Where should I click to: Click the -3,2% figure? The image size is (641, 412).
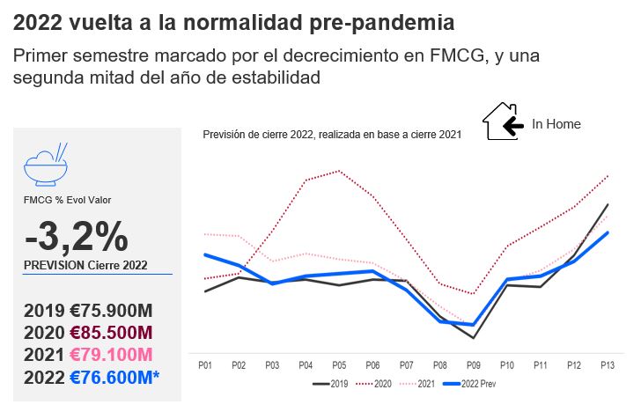[77, 236]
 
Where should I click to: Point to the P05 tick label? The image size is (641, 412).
[338, 364]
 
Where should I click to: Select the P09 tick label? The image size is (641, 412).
[473, 364]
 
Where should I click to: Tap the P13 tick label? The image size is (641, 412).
[607, 364]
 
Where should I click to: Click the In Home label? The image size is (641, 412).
[556, 124]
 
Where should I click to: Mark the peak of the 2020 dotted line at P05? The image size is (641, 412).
[339, 171]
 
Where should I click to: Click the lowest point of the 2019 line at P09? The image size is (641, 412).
[473, 338]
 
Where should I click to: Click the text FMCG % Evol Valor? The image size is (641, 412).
[67, 200]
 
